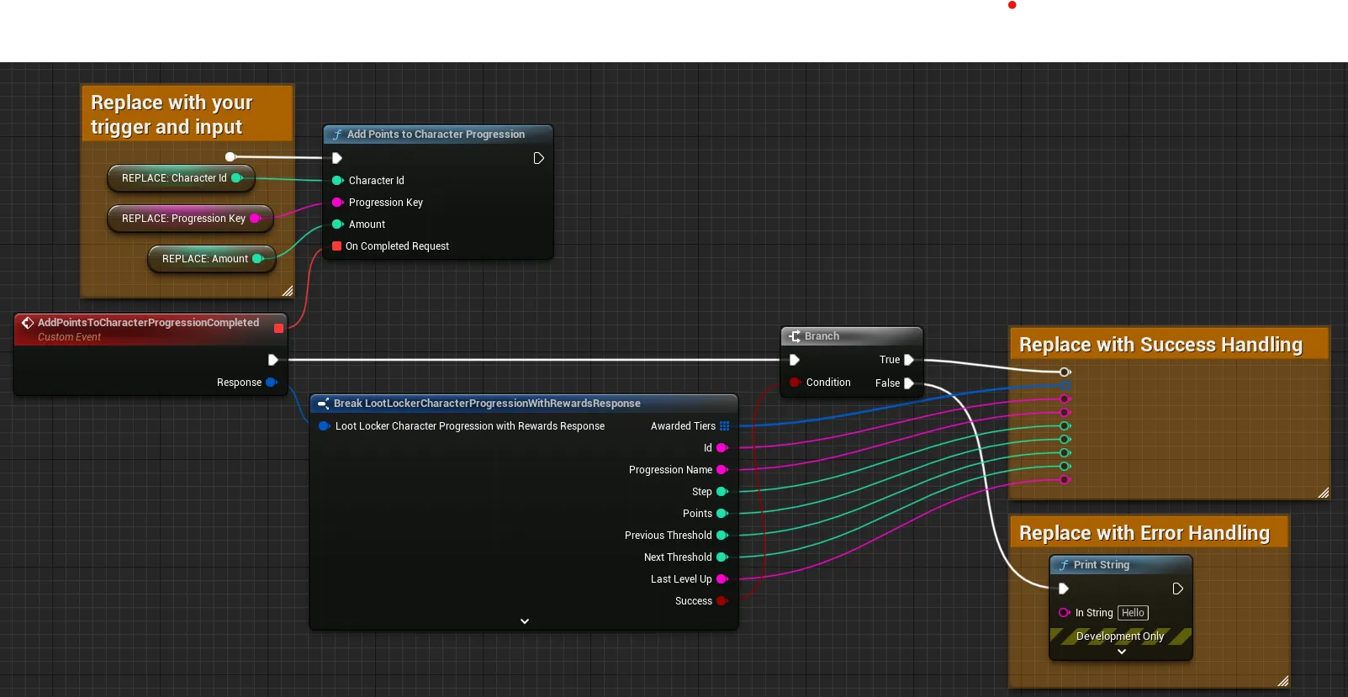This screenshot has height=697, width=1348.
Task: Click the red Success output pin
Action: (722, 600)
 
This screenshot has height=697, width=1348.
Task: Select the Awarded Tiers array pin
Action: (725, 426)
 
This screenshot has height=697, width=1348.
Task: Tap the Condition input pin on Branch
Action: (795, 383)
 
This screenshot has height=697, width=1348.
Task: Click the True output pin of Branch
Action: (909, 360)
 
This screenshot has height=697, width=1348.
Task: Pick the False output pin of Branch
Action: (909, 383)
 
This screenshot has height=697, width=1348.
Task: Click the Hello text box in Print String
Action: (1133, 613)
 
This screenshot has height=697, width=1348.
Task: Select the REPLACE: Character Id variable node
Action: (181, 178)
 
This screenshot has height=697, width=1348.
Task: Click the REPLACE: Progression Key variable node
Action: (190, 219)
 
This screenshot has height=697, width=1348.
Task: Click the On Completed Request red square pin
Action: (337, 246)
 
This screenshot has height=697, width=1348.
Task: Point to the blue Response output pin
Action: (272, 383)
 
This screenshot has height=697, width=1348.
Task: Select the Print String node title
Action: (1102, 565)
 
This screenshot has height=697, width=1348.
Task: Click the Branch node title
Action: (822, 335)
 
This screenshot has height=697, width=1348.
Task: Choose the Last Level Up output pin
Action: (722, 579)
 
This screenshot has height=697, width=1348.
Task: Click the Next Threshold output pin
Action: (722, 557)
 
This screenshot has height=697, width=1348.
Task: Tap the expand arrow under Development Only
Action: (1122, 652)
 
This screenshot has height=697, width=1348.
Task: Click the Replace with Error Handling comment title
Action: (1144, 533)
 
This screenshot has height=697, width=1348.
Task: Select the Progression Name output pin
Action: (722, 469)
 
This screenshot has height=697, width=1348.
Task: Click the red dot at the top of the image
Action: (1012, 5)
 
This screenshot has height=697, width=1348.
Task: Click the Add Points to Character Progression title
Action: (436, 135)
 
